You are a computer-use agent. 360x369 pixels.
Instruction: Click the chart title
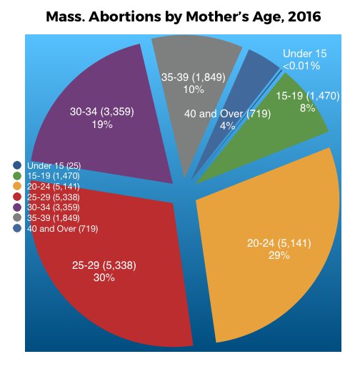tap(184, 16)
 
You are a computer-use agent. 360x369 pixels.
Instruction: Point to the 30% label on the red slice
tap(104, 277)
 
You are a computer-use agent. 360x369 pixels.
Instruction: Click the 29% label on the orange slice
tap(279, 255)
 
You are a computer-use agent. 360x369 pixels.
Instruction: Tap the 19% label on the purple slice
tap(102, 124)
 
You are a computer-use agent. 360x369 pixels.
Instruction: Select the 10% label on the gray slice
tap(194, 89)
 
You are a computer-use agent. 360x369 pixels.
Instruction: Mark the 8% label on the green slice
tap(308, 108)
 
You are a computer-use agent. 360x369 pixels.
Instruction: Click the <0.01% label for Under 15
tap(301, 66)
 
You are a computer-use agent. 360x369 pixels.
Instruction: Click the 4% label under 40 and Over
tap(228, 126)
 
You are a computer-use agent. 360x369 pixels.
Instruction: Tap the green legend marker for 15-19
tap(17, 176)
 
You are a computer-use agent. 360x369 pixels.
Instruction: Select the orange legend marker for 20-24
tap(17, 187)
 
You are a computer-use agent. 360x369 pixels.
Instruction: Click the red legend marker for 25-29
tap(17, 197)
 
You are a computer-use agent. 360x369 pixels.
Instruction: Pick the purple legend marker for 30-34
tap(17, 207)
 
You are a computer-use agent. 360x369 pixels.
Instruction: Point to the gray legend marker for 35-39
tap(17, 218)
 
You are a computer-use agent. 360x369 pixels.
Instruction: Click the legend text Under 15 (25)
tap(54, 165)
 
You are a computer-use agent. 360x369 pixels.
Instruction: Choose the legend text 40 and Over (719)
tap(62, 229)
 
